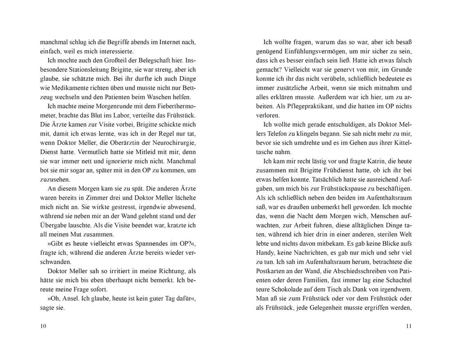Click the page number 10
tap(43, 326)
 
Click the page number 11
tap(409, 326)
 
